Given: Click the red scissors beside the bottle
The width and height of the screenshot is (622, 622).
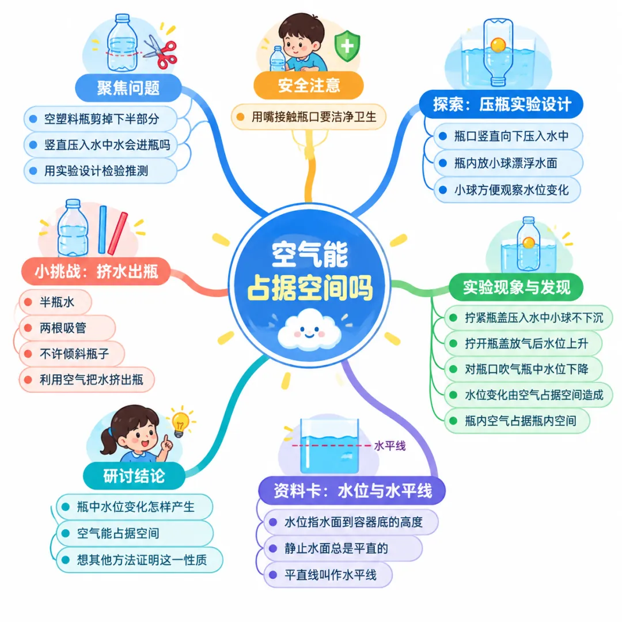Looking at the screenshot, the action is [161, 52].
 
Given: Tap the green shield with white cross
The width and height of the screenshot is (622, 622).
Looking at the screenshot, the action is [347, 45].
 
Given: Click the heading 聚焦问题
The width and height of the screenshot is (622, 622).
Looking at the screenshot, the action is [128, 88].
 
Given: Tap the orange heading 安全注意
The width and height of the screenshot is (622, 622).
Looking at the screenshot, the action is [309, 85].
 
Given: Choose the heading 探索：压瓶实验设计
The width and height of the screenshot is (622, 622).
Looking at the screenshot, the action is [502, 104].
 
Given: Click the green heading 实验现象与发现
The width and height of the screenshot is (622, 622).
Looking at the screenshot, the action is [516, 287].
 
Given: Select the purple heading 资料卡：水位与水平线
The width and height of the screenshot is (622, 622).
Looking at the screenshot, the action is [352, 491].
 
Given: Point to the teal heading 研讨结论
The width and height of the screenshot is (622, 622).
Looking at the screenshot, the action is [134, 476].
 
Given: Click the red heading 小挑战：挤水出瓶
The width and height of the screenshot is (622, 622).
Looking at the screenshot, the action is [96, 272].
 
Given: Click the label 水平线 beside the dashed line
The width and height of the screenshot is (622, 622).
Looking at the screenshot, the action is [389, 446].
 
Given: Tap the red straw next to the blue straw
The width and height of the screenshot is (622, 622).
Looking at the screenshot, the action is [118, 233].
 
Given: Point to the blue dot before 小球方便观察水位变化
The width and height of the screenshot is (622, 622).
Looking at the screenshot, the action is [443, 189].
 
